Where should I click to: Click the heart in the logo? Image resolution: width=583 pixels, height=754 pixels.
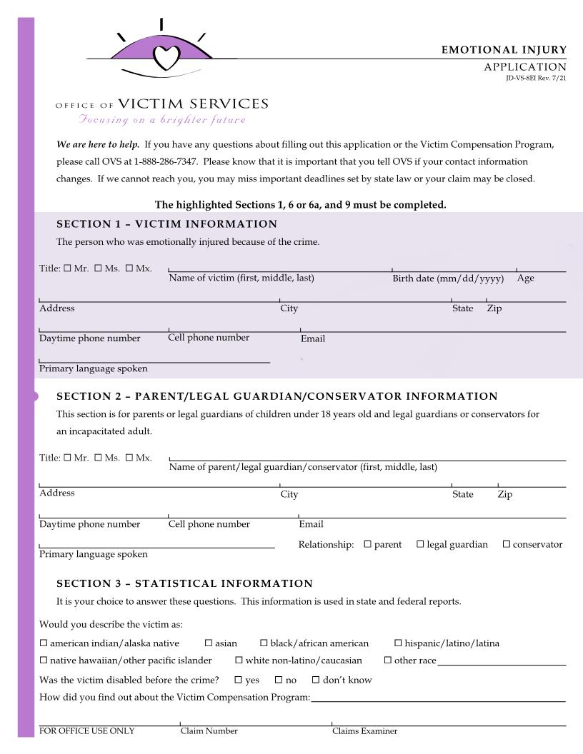click(x=167, y=56)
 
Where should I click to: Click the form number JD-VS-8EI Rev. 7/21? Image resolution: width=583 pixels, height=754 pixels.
click(x=536, y=79)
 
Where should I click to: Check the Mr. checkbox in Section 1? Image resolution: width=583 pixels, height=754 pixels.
click(x=67, y=268)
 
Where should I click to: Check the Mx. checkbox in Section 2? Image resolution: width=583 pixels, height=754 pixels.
click(x=129, y=458)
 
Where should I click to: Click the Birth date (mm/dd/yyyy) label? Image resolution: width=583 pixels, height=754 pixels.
click(x=448, y=278)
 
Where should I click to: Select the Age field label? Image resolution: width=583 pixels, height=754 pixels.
click(x=525, y=278)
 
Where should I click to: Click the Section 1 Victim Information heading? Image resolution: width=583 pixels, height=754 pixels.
click(x=166, y=224)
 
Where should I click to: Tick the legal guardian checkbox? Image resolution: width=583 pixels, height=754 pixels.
click(x=420, y=544)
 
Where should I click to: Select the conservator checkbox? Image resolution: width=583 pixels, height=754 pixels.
click(x=507, y=544)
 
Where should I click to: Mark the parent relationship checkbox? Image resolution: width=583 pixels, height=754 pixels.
click(x=368, y=544)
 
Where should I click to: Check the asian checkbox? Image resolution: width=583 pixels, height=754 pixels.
click(x=209, y=643)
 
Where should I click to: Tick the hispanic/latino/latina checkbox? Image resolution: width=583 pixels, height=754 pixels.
click(x=398, y=643)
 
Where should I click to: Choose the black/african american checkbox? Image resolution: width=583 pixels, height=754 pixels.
click(x=264, y=643)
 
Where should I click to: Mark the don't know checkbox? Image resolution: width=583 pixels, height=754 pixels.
click(x=313, y=680)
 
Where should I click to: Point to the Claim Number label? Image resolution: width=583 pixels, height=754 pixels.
click(x=209, y=731)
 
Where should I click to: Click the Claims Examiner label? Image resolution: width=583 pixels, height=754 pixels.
click(x=364, y=731)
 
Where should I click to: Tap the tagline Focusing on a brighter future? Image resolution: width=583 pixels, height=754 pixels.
click(x=162, y=119)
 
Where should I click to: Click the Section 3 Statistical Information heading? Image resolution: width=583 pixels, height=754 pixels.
click(x=184, y=583)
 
